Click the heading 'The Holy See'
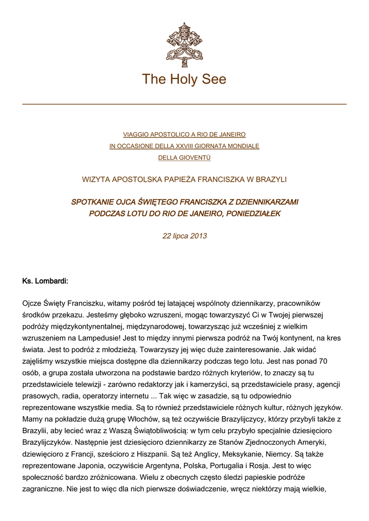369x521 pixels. (x=184, y=79)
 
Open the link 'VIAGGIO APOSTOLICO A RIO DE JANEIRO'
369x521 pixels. (x=184, y=134)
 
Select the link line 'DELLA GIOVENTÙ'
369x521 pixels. (x=184, y=158)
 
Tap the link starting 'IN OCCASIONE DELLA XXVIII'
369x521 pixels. (x=184, y=146)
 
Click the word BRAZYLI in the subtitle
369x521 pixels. (x=271, y=179)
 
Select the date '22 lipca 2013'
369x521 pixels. (x=184, y=236)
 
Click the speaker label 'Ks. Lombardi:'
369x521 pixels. (x=45, y=281)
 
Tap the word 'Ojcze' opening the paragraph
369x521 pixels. (x=33, y=303)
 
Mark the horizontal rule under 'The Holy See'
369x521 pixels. (x=184, y=104)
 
